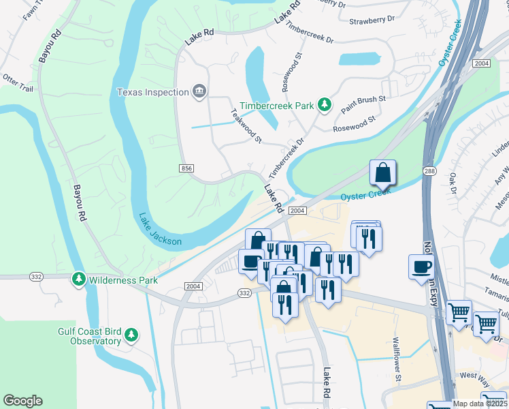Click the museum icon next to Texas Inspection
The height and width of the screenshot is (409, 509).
(x=199, y=92)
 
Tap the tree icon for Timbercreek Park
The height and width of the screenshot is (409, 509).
(x=325, y=105)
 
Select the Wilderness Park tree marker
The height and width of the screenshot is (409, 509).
(x=80, y=279)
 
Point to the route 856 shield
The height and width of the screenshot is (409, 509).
(x=187, y=168)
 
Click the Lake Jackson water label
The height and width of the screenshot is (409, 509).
(x=161, y=230)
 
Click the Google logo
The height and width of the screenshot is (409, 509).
(x=22, y=400)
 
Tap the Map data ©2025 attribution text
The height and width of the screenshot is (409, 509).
(x=480, y=403)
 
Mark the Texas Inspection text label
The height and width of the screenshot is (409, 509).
(x=152, y=92)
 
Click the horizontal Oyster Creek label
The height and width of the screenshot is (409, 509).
(x=365, y=194)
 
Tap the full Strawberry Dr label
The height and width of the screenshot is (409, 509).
(x=372, y=21)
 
